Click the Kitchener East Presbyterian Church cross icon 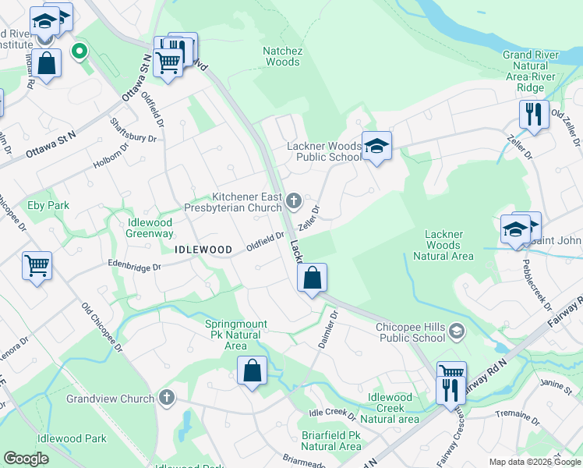294,202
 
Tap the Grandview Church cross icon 165,399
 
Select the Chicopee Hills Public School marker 457,333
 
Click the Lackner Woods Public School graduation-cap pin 376,146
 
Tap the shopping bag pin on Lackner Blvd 312,278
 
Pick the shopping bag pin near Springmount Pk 252,371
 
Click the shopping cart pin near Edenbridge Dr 37,267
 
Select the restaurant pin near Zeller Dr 534,114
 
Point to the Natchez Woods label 281,56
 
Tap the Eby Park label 48,206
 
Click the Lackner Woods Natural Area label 443,245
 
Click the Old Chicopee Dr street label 102,327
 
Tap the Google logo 26,458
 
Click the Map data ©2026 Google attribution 534,462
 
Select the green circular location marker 78,52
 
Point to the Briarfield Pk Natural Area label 331,440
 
